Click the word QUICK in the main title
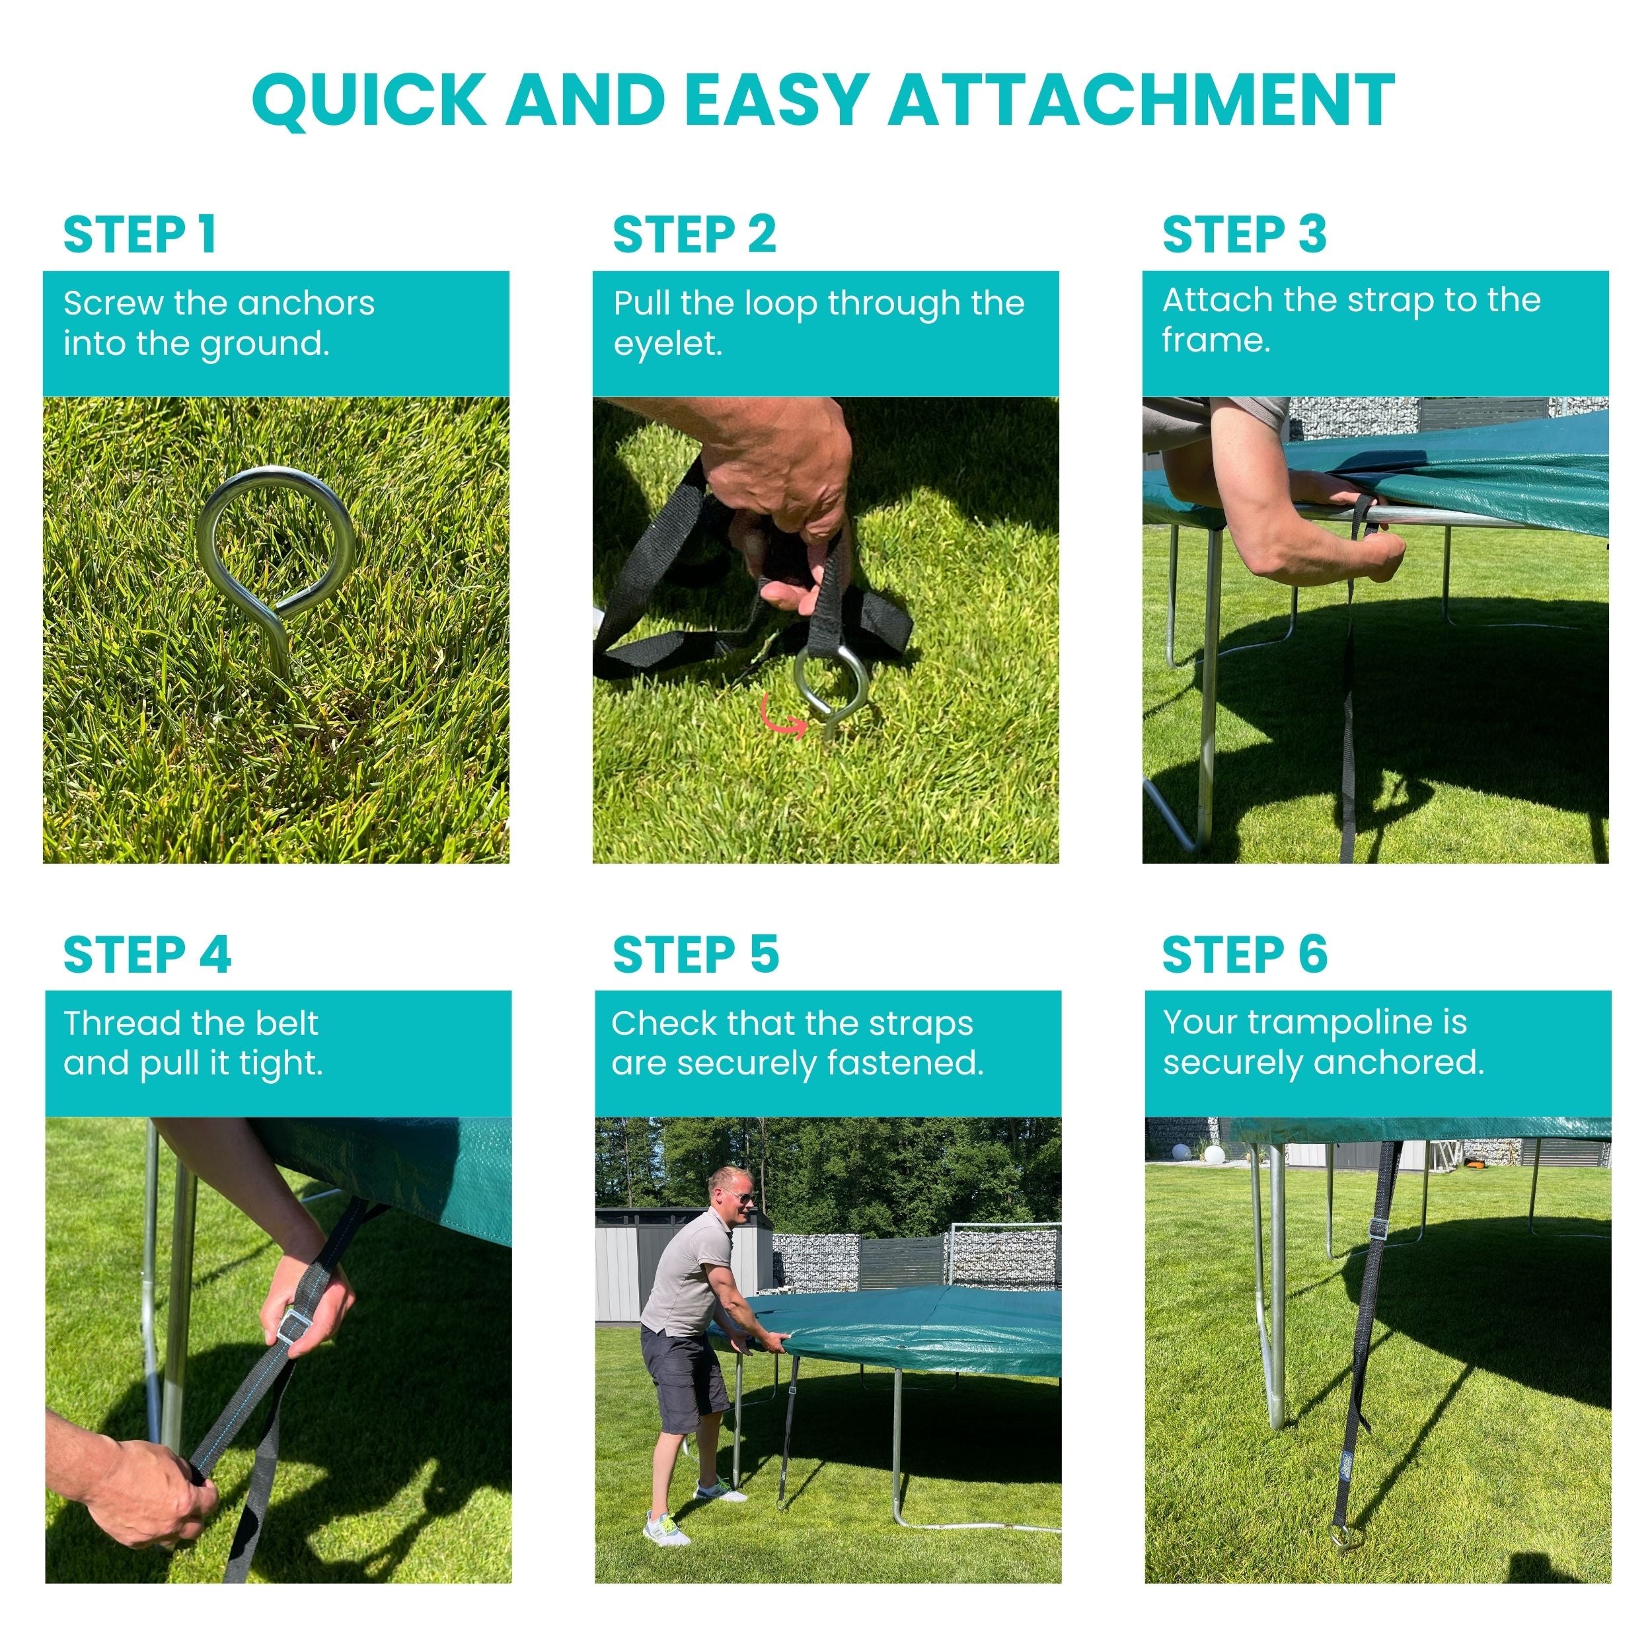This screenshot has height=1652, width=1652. coord(370,101)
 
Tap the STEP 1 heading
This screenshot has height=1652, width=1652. coord(139,235)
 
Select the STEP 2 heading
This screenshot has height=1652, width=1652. coord(695,235)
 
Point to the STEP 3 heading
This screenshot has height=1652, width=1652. coord(1244,235)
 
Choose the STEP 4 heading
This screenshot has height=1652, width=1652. coord(147,954)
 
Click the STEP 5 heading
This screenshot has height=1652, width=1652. coord(696,954)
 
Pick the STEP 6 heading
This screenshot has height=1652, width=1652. coord(1245,954)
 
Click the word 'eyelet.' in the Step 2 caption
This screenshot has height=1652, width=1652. coord(668,344)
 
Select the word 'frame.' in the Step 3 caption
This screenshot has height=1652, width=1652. coord(1216,340)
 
